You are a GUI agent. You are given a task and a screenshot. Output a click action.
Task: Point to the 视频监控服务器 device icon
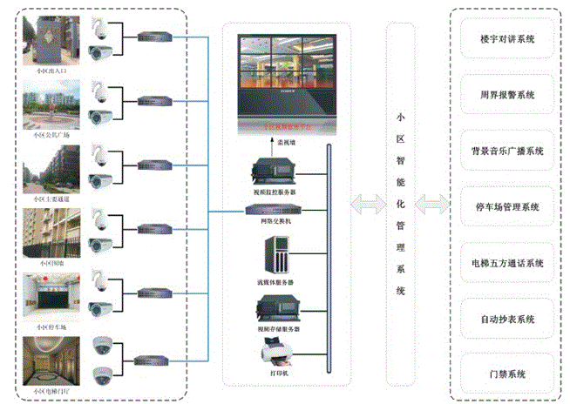[275, 168]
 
